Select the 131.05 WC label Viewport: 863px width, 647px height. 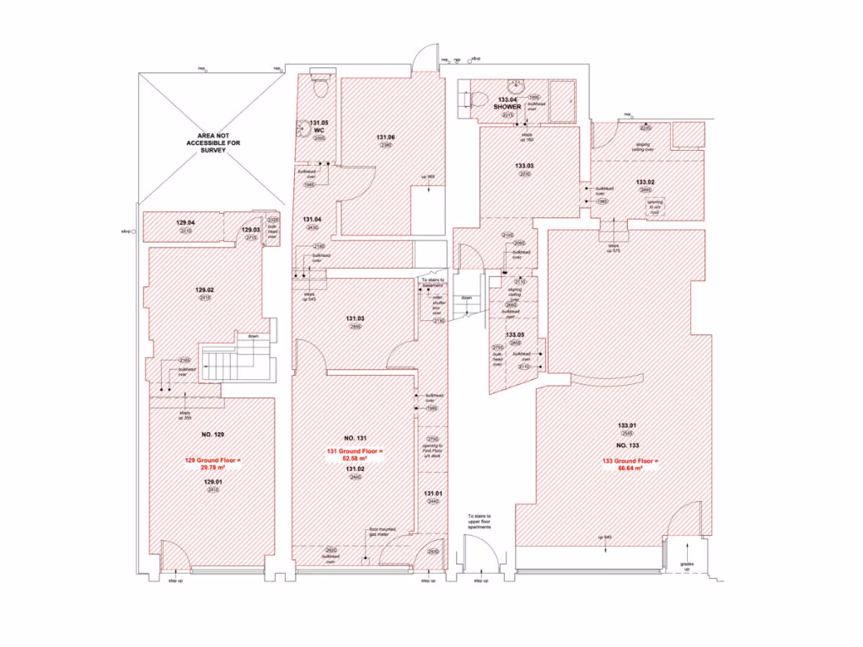319,127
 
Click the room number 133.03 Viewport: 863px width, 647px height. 524,165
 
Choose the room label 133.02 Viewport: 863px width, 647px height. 646,182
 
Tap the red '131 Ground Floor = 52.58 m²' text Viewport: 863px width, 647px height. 354,456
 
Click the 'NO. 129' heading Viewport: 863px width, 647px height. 212,434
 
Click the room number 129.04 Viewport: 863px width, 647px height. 185,222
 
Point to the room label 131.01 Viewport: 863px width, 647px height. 432,493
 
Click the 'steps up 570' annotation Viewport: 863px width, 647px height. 614,249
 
